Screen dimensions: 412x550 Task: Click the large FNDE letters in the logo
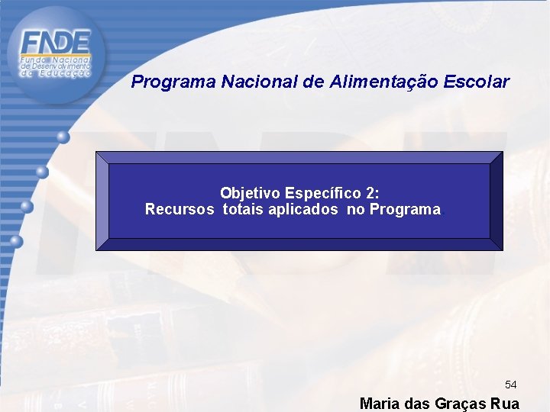coord(56,41)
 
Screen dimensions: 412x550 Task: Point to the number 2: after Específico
coord(373,193)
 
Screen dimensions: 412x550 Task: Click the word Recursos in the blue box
coord(180,210)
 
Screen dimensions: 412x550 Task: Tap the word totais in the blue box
coord(243,210)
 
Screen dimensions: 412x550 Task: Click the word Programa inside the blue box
coord(405,210)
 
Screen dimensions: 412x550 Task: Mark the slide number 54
coord(510,385)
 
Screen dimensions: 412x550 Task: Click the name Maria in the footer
coord(380,404)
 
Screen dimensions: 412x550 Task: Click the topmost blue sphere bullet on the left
coord(63,137)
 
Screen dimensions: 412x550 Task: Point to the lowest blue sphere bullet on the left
coord(16,241)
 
